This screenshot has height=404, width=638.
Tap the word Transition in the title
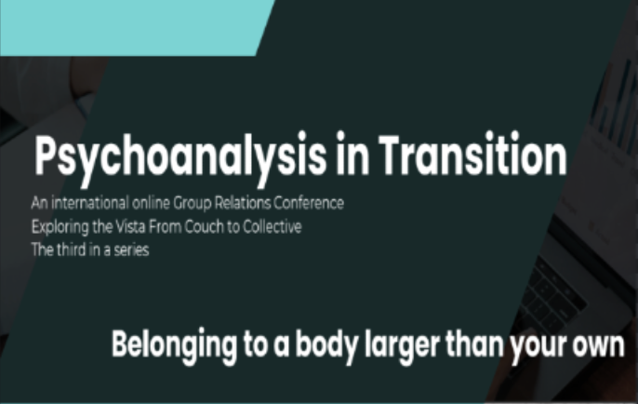click(x=472, y=154)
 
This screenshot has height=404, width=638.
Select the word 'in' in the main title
click(x=352, y=154)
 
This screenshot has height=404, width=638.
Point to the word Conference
click(x=309, y=202)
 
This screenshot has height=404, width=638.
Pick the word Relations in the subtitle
click(x=242, y=202)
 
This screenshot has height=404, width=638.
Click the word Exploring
click(x=60, y=227)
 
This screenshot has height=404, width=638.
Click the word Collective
click(x=272, y=226)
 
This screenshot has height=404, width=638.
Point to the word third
click(x=72, y=249)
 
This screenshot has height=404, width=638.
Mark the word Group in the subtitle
click(x=193, y=203)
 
